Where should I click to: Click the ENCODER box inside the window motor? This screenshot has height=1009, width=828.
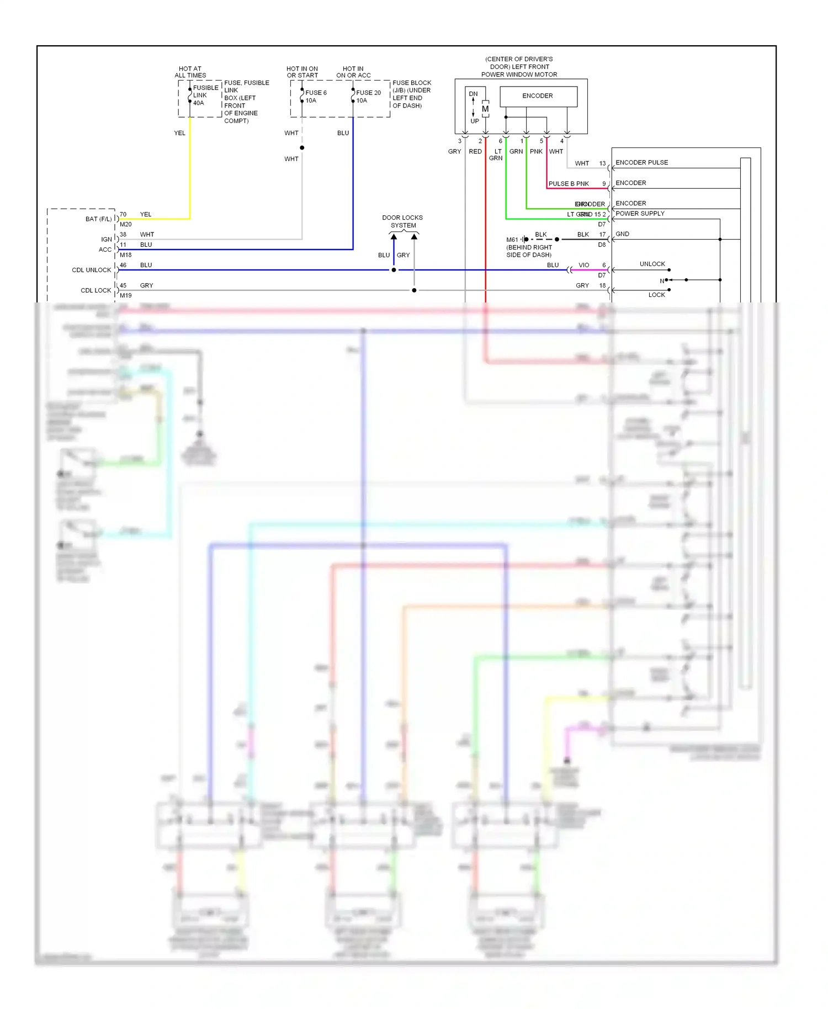538,96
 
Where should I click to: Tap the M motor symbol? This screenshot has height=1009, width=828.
485,109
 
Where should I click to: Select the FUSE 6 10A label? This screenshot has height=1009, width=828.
316,97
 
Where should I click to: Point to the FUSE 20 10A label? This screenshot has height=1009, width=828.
368,97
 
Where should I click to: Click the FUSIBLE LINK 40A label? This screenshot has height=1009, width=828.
205,95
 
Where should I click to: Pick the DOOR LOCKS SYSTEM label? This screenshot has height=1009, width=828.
402,221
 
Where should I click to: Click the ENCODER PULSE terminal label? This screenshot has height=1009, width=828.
641,162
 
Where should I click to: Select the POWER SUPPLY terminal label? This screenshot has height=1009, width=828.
640,214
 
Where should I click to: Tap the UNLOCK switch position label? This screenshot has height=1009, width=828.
652,264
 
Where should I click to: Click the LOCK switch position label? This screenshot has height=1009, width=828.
656,295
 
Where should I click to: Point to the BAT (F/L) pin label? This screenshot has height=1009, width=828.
98,219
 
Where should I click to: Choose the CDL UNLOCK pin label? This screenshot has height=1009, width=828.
91,270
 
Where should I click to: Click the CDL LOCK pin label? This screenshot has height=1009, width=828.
95,290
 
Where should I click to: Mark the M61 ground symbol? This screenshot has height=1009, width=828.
524,240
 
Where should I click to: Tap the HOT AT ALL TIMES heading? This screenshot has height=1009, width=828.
190,72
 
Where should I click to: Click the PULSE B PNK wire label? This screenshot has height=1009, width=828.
569,184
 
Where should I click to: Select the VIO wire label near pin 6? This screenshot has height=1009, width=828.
583,265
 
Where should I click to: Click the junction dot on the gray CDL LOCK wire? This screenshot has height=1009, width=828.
414,290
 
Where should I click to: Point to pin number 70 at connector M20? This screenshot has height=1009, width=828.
123,214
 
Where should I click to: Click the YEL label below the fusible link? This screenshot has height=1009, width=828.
179,133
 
